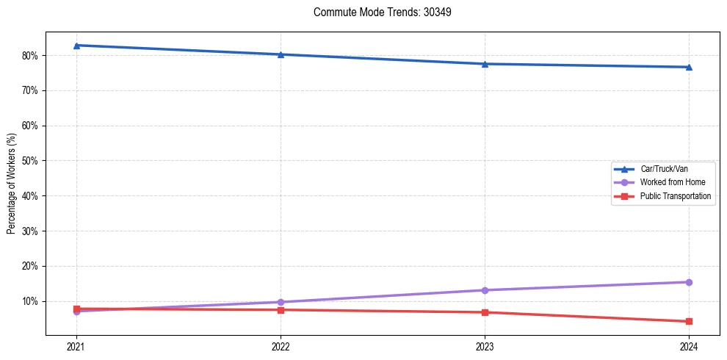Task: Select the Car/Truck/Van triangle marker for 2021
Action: [76, 46]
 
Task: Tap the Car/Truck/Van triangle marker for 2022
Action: [281, 54]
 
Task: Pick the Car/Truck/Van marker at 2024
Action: [689, 67]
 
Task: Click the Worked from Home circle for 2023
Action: [485, 290]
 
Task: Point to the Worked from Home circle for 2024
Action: [689, 282]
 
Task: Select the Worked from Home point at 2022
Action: [281, 302]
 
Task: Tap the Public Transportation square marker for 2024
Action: [689, 321]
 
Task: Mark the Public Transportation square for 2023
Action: [485, 312]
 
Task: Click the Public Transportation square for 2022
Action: [281, 310]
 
